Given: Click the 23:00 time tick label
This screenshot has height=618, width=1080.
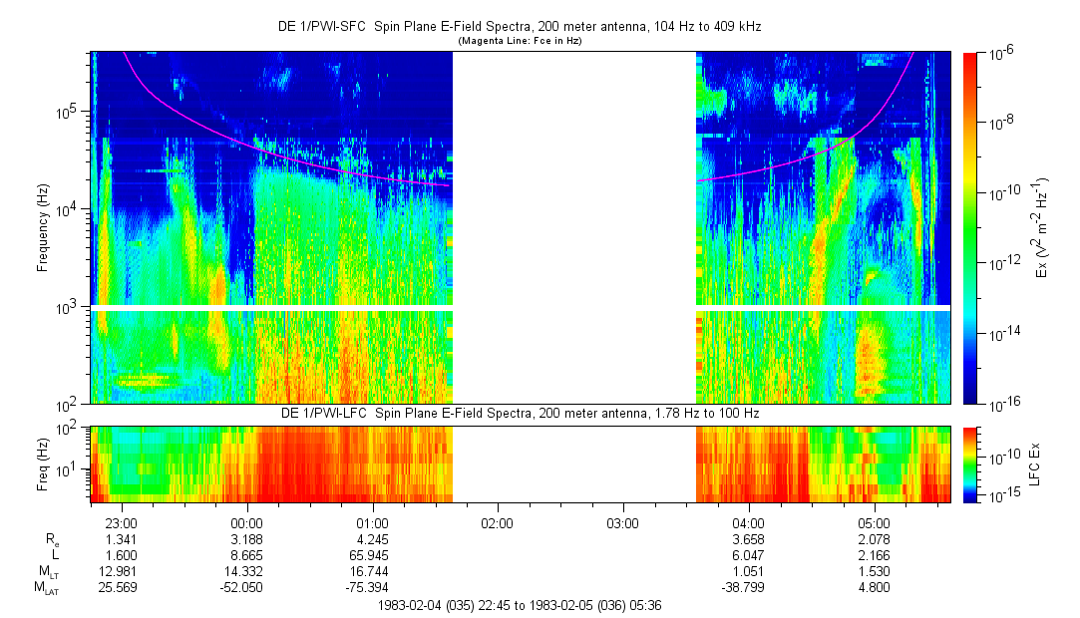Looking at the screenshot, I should click(x=121, y=523).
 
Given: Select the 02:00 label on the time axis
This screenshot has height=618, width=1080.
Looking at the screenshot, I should click(x=497, y=523).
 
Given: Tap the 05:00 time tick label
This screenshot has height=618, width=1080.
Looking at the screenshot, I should click(x=874, y=523).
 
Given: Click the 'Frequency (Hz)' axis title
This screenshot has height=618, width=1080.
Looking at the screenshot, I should click(x=43, y=227).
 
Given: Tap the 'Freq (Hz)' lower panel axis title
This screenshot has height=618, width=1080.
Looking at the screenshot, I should click(x=43, y=463).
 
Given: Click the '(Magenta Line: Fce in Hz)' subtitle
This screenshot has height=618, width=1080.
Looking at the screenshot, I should click(x=519, y=41).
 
